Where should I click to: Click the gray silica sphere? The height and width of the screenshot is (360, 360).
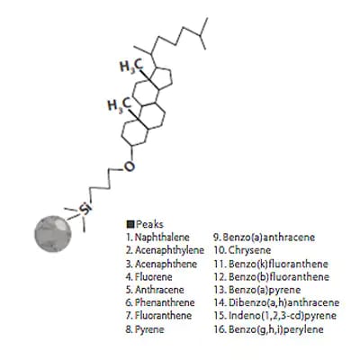click(53, 234)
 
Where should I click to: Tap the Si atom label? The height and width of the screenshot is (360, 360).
click(85, 209)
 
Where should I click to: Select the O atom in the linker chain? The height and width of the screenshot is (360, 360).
click(129, 166)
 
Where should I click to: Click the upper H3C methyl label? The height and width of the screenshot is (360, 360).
click(131, 66)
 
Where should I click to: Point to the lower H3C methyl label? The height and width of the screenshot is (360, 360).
click(119, 105)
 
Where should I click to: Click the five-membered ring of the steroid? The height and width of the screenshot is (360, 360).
click(165, 78)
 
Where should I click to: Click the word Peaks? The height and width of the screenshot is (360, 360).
click(149, 224)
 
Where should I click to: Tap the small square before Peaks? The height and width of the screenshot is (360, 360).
click(130, 224)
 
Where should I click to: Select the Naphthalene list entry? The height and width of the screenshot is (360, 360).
click(162, 238)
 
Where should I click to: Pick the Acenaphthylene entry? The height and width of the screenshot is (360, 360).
click(169, 250)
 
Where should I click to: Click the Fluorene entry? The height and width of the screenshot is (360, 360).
click(154, 276)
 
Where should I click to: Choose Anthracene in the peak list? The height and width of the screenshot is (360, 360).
click(159, 290)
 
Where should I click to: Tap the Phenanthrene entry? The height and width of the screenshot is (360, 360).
click(165, 302)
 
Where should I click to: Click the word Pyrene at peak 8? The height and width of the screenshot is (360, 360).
click(149, 329)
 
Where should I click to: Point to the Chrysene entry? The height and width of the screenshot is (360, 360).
click(249, 250)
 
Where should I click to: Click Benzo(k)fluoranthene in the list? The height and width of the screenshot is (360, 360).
click(278, 264)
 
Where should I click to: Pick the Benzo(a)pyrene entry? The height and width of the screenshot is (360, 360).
click(265, 290)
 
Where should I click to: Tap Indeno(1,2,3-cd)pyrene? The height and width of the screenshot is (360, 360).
click(283, 316)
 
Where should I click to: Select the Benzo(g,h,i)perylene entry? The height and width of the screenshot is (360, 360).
click(276, 329)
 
